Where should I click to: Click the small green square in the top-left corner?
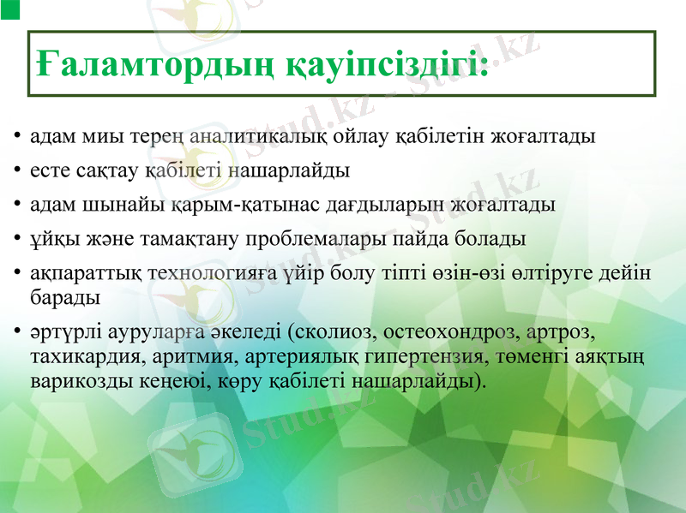pyautogui.click(x=9, y=9)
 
